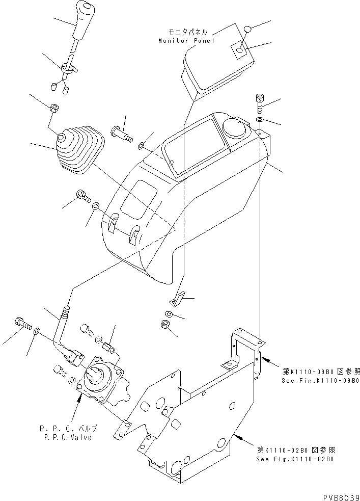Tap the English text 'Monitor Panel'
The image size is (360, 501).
tap(187, 41)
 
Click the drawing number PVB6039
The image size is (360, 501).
tap(340, 496)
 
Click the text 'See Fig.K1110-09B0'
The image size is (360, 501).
tap(320, 381)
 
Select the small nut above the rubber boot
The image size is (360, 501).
tap(53, 108)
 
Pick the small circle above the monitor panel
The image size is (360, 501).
tap(247, 29)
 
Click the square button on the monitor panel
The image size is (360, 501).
tap(239, 50)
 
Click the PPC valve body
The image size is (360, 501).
tap(102, 382)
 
